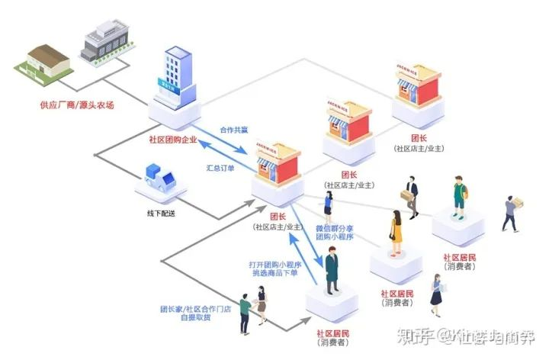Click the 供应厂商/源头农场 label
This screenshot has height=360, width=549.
76,104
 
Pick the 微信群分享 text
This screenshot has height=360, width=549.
334,227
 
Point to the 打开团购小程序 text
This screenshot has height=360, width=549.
275,264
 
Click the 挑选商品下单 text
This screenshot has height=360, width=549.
275,274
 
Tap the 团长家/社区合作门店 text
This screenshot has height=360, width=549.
195,310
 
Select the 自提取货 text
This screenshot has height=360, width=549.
195,321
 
